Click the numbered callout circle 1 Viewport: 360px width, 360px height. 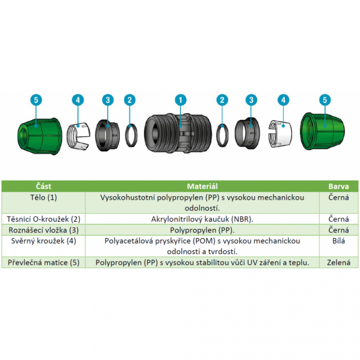tap(180, 100)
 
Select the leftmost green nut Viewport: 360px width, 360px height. tap(40, 136)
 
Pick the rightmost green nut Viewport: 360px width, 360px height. tap(323, 131)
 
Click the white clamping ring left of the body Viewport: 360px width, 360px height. tap(78, 136)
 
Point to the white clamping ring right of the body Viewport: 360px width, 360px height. tap(280, 133)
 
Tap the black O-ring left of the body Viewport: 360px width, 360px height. tap(131, 136)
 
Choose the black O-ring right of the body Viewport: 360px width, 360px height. tap(222, 135)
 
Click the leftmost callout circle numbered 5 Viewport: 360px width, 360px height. tap(36, 100)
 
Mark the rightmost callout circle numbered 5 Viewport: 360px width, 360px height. tap(325, 100)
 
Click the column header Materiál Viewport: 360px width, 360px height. tap(202, 186)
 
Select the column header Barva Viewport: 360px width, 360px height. tap(339, 186)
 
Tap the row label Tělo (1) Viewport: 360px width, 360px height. tap(44, 197)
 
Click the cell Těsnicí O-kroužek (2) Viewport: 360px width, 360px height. tap(44, 219)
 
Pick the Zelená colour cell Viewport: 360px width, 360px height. tap(339, 262)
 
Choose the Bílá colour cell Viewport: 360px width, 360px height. tap(339, 241)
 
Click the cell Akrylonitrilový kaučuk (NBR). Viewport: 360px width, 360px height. tap(202, 219)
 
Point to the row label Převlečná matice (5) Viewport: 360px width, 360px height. tap(44, 262)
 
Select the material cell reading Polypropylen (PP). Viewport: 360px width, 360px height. tap(202, 230)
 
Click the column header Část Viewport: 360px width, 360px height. tap(44, 186)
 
